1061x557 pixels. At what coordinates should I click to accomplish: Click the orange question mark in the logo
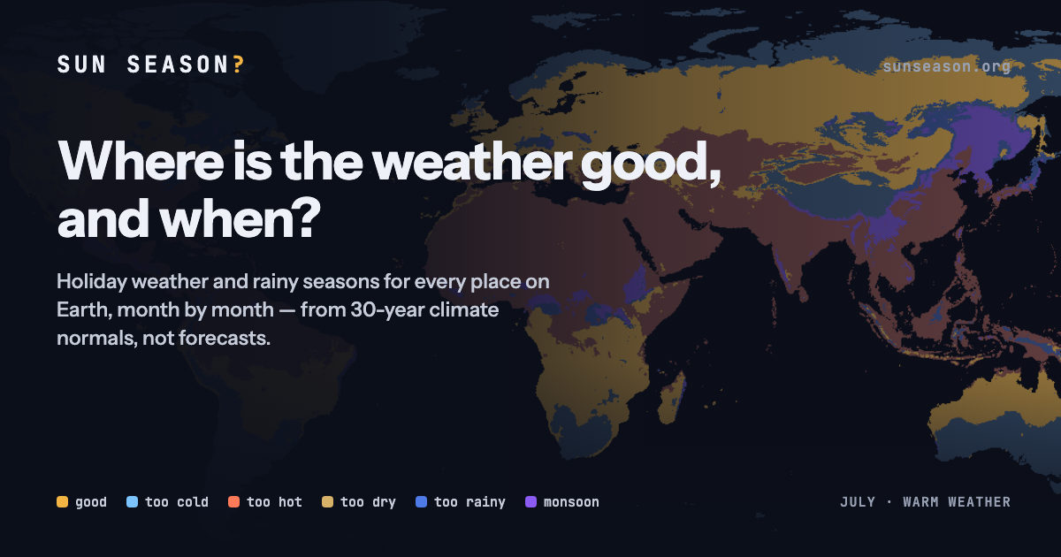[x=238, y=65]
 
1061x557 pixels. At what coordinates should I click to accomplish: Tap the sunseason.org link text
[x=946, y=66]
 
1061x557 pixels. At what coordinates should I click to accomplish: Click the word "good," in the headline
[x=651, y=164]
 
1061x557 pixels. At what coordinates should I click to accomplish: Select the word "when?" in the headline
[x=240, y=219]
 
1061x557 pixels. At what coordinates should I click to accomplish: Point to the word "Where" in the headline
[x=141, y=161]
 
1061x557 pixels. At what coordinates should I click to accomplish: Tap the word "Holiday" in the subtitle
[x=91, y=282]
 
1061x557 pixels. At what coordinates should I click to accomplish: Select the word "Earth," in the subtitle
[x=84, y=310]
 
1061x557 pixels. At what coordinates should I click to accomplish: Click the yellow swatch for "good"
[x=62, y=501]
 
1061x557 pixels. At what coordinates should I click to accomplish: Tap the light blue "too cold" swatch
[x=132, y=501]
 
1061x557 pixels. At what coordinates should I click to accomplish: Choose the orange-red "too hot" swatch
[x=233, y=501]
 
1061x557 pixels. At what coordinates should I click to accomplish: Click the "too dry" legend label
[x=368, y=502]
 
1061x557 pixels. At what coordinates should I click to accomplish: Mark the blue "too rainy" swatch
[x=421, y=501]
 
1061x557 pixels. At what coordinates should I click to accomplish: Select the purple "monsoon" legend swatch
[x=531, y=501]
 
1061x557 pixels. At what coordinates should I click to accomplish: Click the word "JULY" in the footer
[x=858, y=502]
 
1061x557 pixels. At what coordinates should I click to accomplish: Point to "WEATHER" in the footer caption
[x=979, y=502]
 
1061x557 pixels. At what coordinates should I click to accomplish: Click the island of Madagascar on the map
[x=673, y=398]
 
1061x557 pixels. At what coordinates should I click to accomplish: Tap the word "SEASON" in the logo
[x=179, y=65]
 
